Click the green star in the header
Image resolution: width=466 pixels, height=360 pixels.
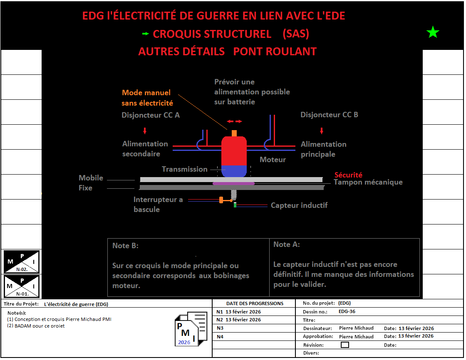coord(433,32)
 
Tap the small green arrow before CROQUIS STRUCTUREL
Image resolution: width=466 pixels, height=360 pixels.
coord(145,34)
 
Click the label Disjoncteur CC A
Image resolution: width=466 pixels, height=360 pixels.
coord(151,115)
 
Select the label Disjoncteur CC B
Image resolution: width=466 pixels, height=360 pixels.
coord(329,115)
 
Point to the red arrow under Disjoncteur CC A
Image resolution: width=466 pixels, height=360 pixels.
coord(145,131)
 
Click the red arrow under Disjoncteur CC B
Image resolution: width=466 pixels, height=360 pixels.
coord(321,131)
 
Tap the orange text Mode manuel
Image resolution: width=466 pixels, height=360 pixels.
coord(146,93)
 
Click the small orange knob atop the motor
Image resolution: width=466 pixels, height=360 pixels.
coord(234,133)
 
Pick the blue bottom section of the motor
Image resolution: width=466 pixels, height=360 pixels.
coord(234,170)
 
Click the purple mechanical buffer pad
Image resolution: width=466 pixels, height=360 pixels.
coord(233,183)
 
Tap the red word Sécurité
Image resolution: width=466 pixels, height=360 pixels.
coord(349,175)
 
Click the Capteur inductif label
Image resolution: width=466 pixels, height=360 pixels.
coord(299,205)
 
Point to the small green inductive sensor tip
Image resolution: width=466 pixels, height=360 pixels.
coord(235,205)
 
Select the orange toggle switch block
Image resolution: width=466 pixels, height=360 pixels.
coord(221,200)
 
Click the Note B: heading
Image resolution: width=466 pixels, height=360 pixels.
coord(125,246)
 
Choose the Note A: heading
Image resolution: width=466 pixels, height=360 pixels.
coord(286,244)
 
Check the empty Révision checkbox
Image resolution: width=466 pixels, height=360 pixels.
coord(345,345)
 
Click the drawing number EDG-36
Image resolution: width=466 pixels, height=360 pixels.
coord(347,311)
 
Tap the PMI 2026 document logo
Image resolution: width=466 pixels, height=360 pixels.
coord(191,329)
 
